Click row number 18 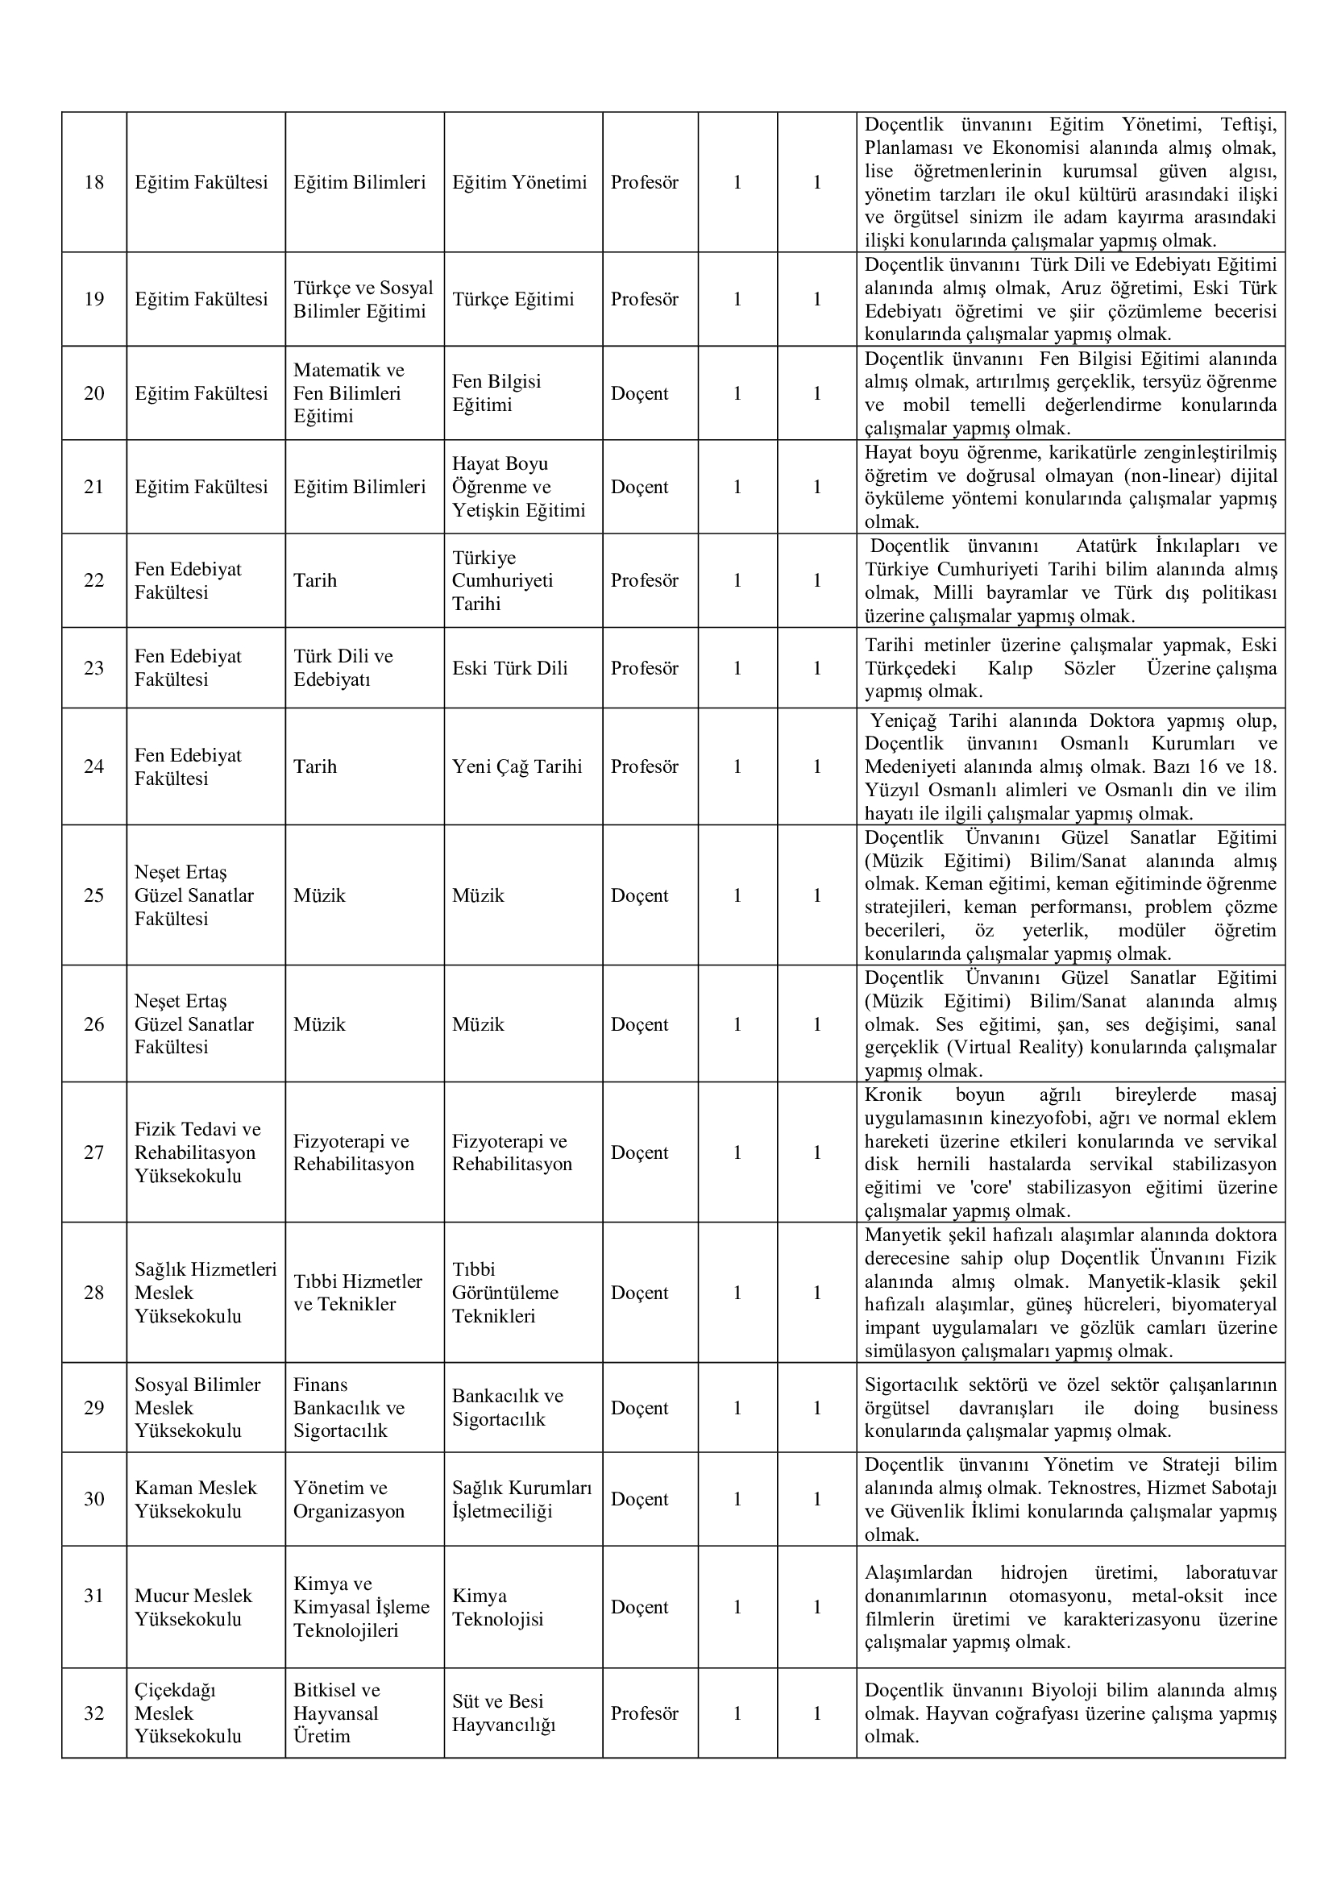click(93, 182)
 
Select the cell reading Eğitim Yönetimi click(520, 182)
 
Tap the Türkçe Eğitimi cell click(513, 299)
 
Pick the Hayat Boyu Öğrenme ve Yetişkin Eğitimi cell click(519, 487)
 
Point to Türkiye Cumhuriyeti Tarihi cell click(502, 580)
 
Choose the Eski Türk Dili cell click(509, 668)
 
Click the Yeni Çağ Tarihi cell click(517, 766)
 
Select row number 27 click(93, 1152)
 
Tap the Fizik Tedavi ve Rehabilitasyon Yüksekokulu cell click(197, 1152)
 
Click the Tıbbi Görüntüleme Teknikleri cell click(505, 1293)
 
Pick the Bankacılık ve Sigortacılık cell click(507, 1408)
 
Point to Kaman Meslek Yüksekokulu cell click(195, 1500)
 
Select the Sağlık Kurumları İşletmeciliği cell click(521, 1500)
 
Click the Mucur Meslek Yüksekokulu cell click(193, 1608)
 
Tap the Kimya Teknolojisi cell click(497, 1608)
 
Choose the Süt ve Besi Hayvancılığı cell click(503, 1713)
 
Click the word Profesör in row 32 click(645, 1713)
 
